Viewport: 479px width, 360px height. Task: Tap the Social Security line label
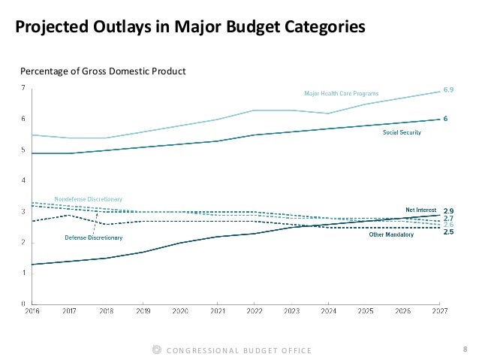[402, 132]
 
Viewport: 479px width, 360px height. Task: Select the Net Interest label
[421, 210]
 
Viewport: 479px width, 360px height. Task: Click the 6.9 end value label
[447, 90]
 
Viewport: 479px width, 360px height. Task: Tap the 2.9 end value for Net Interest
[448, 210]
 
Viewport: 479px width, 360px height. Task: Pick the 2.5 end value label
[448, 232]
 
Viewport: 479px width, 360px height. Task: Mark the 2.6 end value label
[448, 225]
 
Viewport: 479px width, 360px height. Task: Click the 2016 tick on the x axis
[33, 310]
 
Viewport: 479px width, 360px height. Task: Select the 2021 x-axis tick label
[217, 310]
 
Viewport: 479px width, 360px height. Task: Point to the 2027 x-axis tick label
[439, 310]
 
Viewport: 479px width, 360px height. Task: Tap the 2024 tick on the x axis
[328, 310]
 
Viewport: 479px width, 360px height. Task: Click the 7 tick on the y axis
[23, 88]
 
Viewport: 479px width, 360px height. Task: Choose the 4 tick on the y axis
[23, 180]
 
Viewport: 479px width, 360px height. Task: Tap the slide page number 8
[465, 349]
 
